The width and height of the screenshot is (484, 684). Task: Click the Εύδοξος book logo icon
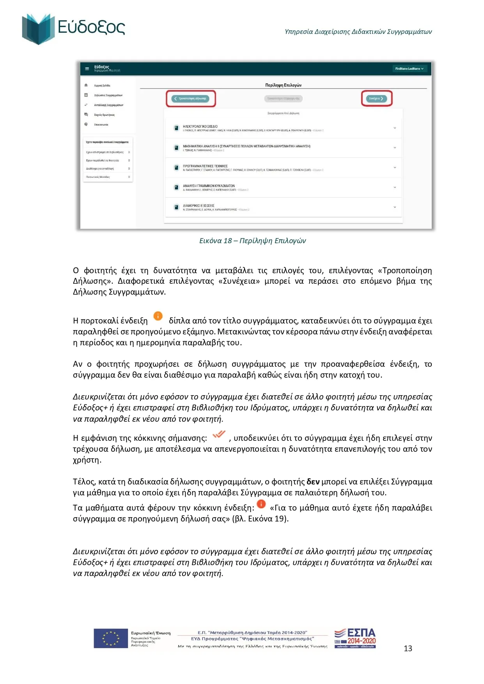click(x=38, y=29)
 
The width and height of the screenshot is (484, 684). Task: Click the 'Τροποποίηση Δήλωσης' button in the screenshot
click(x=191, y=99)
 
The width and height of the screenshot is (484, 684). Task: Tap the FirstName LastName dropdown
click(x=409, y=69)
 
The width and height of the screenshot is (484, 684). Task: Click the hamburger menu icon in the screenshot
click(x=87, y=69)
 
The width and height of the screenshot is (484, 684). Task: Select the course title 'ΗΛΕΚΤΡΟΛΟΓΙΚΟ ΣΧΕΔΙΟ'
click(x=200, y=127)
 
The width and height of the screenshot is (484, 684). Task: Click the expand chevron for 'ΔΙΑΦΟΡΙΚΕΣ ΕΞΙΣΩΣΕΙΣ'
click(x=395, y=207)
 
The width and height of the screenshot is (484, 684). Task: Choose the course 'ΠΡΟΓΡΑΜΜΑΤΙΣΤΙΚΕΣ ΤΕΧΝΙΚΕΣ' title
click(x=205, y=166)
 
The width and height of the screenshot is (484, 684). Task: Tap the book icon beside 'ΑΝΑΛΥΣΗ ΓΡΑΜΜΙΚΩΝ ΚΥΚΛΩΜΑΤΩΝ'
click(x=176, y=187)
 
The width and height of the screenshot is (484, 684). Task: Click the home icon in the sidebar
click(x=86, y=85)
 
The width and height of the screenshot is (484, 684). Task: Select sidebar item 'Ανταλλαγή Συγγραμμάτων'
click(x=108, y=105)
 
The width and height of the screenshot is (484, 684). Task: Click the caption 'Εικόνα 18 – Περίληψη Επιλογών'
click(x=252, y=241)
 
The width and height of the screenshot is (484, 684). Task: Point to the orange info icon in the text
click(x=158, y=316)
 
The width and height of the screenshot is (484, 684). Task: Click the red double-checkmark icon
click(x=219, y=434)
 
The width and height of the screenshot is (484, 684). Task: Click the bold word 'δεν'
click(x=313, y=482)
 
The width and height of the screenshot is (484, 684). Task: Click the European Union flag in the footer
click(x=111, y=638)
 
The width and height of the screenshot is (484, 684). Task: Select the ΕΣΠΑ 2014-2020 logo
click(x=355, y=638)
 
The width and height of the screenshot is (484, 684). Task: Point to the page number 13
click(x=408, y=648)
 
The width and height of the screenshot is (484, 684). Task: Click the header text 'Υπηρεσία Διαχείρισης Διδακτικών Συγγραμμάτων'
click(x=358, y=32)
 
